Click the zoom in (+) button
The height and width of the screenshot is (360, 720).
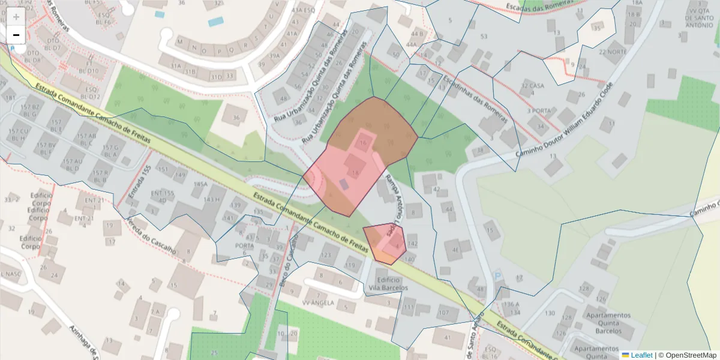(x=16, y=17)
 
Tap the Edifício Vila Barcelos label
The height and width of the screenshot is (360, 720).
(x=388, y=284)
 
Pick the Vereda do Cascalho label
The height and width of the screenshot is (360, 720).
(x=151, y=234)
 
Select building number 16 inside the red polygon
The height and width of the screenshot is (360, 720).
(x=363, y=143)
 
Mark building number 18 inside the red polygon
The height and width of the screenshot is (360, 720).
(x=356, y=172)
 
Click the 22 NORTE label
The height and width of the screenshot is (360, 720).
(x=613, y=52)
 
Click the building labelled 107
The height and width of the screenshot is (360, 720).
(x=444, y=313)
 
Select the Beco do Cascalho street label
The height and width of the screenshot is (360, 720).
(x=287, y=268)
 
